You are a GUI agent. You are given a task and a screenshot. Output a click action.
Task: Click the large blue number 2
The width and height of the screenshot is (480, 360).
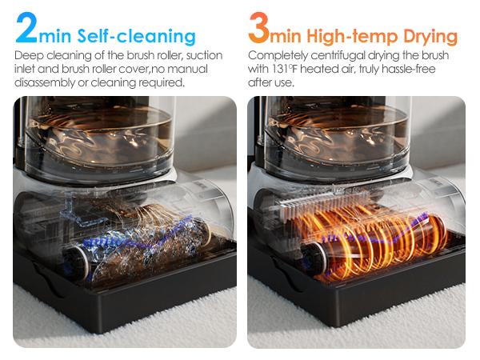(26, 29)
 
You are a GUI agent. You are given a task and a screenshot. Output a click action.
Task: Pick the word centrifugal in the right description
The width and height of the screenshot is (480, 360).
(340, 56)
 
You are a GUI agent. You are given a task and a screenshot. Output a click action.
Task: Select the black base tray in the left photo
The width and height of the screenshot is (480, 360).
(128, 308)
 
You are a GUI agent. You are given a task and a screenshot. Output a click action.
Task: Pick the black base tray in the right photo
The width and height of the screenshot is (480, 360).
(360, 308)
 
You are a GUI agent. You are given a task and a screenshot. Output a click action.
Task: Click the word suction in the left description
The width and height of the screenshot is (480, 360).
(202, 56)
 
